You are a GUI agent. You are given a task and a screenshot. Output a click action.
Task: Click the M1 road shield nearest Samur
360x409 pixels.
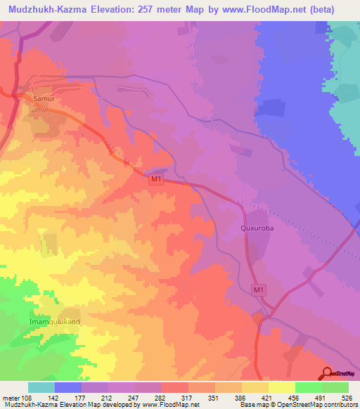point(156,181)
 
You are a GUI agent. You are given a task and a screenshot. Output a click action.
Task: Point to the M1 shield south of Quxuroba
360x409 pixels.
point(259,289)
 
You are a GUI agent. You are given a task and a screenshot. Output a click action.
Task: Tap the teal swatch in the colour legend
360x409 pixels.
point(41,387)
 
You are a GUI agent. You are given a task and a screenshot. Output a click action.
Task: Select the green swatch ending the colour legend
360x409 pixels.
point(335,387)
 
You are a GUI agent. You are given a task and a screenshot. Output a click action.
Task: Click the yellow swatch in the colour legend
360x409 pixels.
point(281,387)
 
